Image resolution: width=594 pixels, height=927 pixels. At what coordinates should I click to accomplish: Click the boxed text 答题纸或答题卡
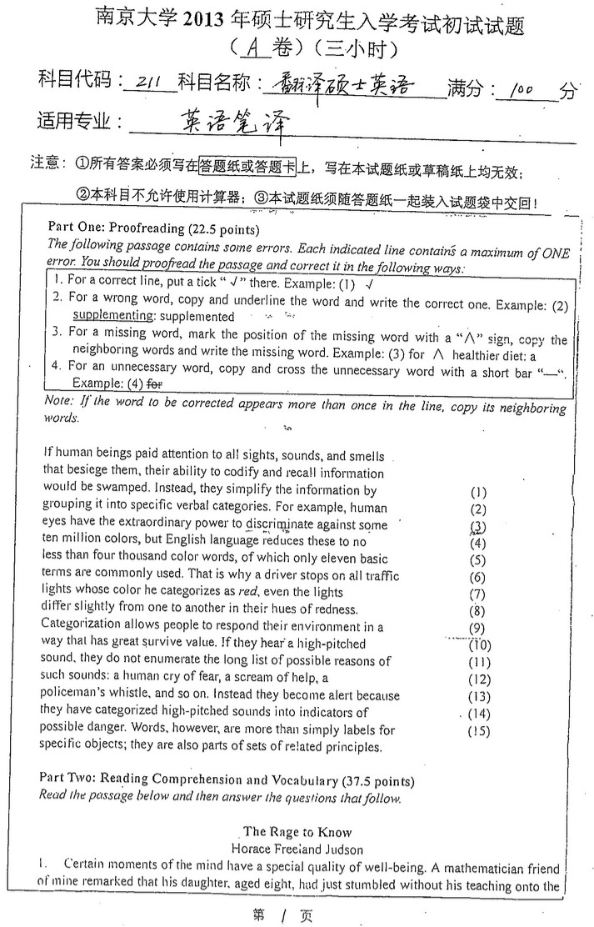click(x=247, y=166)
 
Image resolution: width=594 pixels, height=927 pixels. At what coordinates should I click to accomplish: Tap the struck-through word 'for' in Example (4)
click(x=154, y=384)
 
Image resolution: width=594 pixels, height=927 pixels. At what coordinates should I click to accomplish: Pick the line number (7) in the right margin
click(x=477, y=594)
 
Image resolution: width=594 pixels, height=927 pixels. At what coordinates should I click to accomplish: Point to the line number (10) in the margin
click(x=480, y=644)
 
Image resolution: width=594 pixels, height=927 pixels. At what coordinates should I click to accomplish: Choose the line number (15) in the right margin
click(x=479, y=731)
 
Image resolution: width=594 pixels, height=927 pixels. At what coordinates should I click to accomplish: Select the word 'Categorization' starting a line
click(x=80, y=627)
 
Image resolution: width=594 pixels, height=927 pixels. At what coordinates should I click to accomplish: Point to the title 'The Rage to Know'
click(x=297, y=831)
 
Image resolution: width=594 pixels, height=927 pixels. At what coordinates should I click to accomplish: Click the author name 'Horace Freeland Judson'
click(x=297, y=848)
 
